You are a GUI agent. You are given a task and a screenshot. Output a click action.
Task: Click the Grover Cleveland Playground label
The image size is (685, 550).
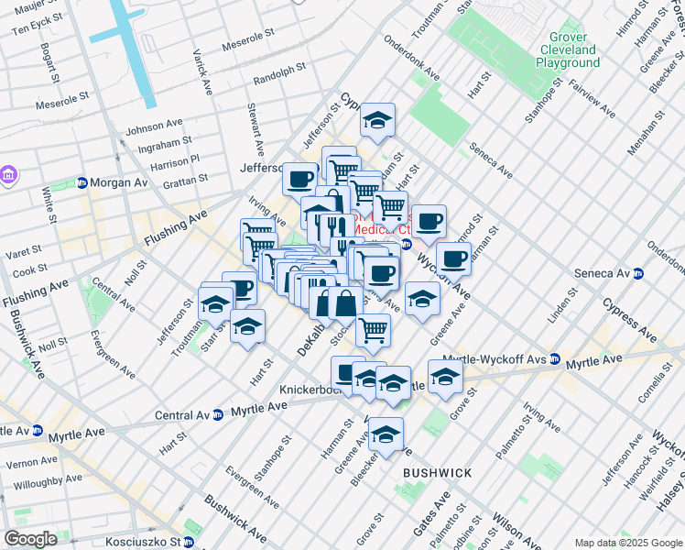pyautogui.click(x=568, y=49)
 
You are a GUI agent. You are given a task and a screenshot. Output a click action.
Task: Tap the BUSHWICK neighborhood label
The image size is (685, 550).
pyautogui.click(x=438, y=473)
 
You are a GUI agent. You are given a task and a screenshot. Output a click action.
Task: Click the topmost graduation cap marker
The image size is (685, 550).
pyautogui.click(x=376, y=120)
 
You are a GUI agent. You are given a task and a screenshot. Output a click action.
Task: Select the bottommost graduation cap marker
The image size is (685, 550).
pyautogui.click(x=386, y=436)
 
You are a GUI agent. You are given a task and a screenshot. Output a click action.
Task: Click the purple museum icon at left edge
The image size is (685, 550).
pyautogui.click(x=8, y=174)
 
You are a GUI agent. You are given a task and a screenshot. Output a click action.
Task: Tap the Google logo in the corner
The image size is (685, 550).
pyautogui.click(x=30, y=539)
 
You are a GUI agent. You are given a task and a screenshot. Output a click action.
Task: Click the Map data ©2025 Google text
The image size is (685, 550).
pyautogui.click(x=627, y=543)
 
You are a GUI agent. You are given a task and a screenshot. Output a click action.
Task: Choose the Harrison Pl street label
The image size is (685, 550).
pyautogui.click(x=175, y=161)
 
